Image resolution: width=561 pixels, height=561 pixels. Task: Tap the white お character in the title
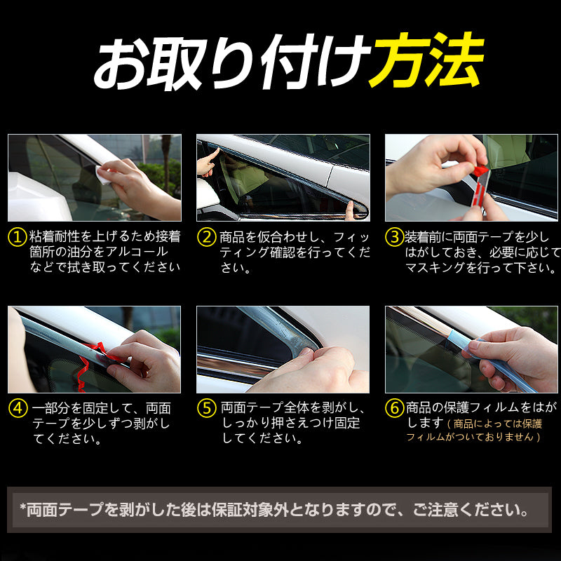(x=120, y=64)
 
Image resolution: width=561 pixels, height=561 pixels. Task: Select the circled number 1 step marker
(x=18, y=237)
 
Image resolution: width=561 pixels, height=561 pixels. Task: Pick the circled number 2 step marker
(x=207, y=237)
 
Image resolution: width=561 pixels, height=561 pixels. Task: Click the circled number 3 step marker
(x=395, y=237)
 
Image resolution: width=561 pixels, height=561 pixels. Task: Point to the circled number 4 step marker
(x=18, y=408)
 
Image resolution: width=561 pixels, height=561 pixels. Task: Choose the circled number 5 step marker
(x=207, y=408)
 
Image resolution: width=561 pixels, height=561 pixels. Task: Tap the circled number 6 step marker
(x=395, y=408)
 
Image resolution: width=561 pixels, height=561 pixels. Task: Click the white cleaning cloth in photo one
(x=104, y=174)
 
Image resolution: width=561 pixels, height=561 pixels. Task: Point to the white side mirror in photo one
(x=36, y=198)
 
